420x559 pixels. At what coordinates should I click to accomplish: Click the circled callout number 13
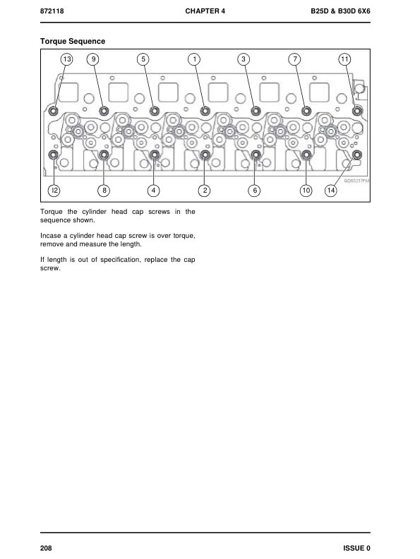pos(66,59)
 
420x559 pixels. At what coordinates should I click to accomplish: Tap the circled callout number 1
pos(194,59)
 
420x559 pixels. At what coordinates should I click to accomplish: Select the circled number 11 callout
pos(344,59)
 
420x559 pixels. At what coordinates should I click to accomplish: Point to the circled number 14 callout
pos(331,191)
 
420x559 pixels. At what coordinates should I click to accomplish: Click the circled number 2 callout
pos(204,191)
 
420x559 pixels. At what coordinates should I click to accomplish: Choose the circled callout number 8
pos(104,191)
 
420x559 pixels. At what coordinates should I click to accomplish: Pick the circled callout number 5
pos(143,59)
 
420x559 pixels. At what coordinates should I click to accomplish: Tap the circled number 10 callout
pos(306,191)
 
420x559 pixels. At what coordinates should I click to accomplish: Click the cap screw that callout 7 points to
pos(306,112)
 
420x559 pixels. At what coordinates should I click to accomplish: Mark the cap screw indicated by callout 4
pos(155,155)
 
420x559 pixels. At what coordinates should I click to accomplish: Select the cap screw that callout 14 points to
pos(357,155)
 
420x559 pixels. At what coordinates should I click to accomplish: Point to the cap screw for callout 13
pos(54,112)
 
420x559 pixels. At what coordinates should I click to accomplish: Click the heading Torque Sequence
pos(73,42)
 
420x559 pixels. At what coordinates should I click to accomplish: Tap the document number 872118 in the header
pos(52,11)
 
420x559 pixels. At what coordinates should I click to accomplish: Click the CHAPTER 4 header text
pos(205,11)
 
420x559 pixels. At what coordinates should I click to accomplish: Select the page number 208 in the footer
pos(46,548)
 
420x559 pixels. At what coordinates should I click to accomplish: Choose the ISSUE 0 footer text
pos(357,548)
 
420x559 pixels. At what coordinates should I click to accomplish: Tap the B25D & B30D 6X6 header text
pos(340,11)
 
